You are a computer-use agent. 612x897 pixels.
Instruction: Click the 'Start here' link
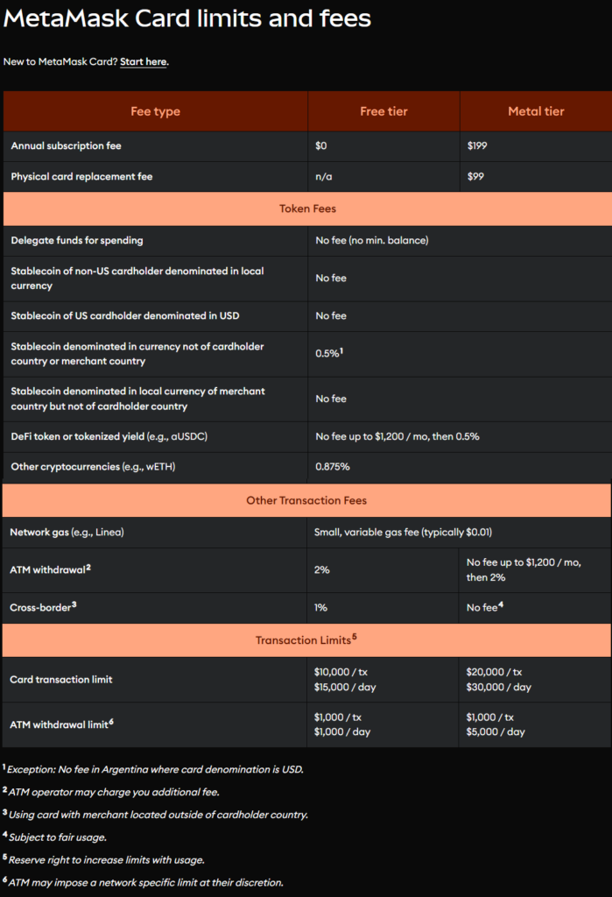pyautogui.click(x=144, y=62)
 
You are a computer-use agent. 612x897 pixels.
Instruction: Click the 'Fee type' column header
pyautogui.click(x=155, y=111)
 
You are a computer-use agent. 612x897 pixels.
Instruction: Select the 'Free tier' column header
pyautogui.click(x=383, y=111)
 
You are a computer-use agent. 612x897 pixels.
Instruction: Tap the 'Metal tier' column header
pyautogui.click(x=536, y=111)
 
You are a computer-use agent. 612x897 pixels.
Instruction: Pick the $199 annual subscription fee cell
pyautogui.click(x=478, y=145)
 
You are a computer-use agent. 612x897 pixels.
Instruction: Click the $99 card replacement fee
pyautogui.click(x=475, y=176)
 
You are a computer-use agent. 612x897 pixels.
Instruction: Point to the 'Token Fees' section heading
pyautogui.click(x=307, y=209)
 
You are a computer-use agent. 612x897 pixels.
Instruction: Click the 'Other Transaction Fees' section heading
pyautogui.click(x=306, y=500)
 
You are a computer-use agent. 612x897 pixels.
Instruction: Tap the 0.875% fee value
pyautogui.click(x=333, y=467)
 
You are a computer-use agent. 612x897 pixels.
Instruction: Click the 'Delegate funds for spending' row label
pyautogui.click(x=77, y=240)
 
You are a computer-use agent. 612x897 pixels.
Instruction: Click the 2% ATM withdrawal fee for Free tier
pyautogui.click(x=322, y=569)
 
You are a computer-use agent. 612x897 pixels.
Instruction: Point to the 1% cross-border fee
pyautogui.click(x=321, y=606)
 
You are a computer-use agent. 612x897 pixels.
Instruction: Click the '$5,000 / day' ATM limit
pyautogui.click(x=496, y=731)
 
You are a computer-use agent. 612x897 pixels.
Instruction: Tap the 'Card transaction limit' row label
pyautogui.click(x=61, y=679)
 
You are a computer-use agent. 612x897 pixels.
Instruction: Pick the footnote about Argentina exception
pyautogui.click(x=155, y=769)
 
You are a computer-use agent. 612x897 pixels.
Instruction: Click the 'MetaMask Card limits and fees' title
pyautogui.click(x=187, y=18)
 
